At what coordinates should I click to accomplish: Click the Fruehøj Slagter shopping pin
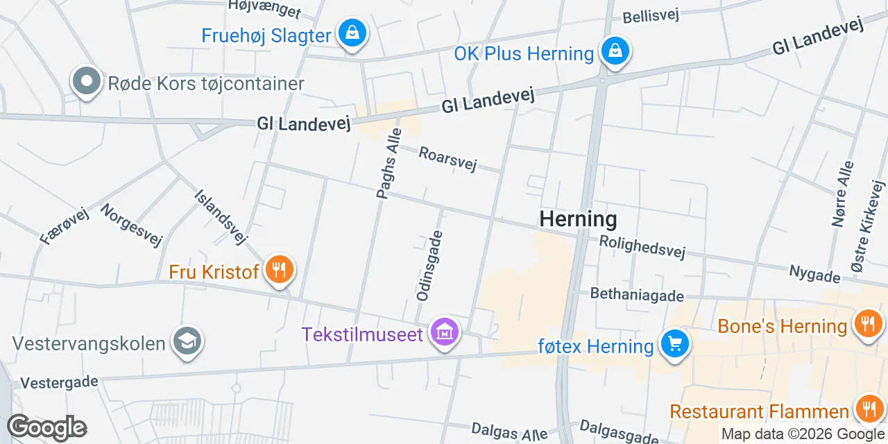tap(352, 33)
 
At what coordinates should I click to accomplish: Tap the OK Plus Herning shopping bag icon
tap(615, 51)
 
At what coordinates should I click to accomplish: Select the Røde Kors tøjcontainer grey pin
tap(87, 81)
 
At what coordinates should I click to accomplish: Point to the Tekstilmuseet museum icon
tap(445, 332)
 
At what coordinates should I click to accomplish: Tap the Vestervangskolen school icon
tap(187, 341)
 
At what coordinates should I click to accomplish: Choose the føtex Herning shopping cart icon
tap(674, 344)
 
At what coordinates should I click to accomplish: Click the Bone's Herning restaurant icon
tap(867, 323)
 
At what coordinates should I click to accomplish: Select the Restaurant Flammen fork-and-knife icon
tap(867, 409)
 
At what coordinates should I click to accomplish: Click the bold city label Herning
tap(578, 219)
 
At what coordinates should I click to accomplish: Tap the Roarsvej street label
tap(448, 158)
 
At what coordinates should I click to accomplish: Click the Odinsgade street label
tap(429, 266)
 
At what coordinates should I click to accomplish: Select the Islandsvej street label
tap(221, 217)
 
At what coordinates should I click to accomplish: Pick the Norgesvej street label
tap(131, 225)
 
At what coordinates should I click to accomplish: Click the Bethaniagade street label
tap(637, 294)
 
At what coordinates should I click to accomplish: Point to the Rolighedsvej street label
tap(642, 246)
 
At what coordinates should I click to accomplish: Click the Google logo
tap(46, 427)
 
